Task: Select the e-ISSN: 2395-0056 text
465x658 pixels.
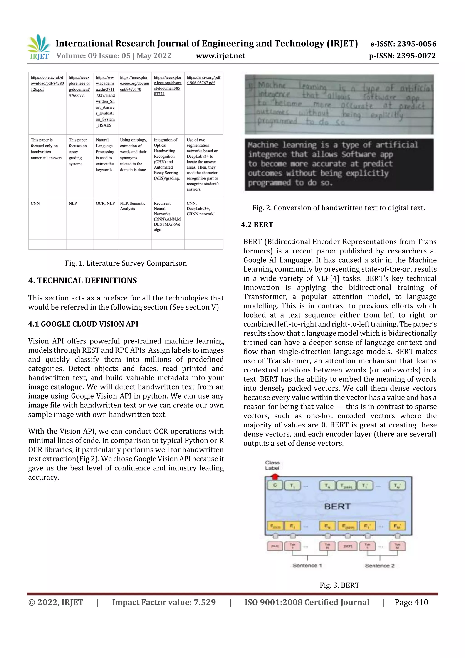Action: click(403, 44)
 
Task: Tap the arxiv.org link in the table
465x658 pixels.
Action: click(203, 80)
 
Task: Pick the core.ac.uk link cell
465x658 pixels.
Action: click(47, 83)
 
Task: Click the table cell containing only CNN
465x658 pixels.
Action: click(35, 203)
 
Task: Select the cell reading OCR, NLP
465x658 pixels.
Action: click(105, 203)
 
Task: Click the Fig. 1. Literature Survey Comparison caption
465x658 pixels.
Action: click(126, 263)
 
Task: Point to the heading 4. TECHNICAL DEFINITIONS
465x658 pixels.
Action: click(82, 280)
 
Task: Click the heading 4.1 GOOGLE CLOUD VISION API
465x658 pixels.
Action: click(83, 324)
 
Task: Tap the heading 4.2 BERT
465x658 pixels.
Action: click(257, 225)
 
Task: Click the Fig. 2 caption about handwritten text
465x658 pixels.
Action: click(338, 208)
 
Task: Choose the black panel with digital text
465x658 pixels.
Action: click(339, 164)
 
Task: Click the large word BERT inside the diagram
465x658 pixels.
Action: click(337, 507)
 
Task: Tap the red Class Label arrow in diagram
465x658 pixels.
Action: click(275, 476)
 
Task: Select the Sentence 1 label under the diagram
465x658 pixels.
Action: click(307, 565)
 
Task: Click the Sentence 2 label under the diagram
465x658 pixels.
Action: click(380, 565)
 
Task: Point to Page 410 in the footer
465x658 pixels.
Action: click(411, 602)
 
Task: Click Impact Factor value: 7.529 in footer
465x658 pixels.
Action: click(164, 602)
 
